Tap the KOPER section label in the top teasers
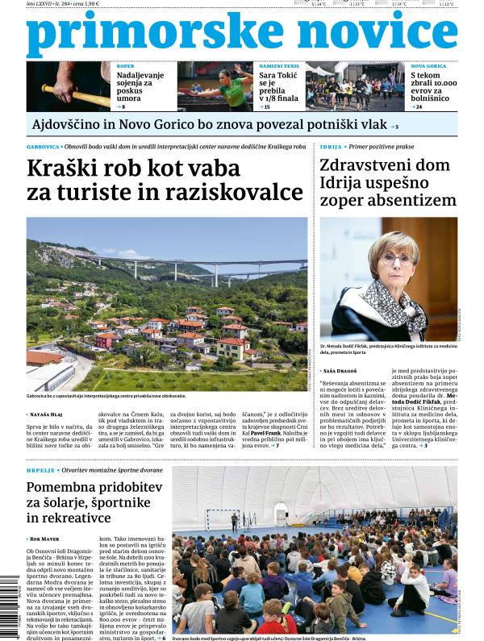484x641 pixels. [x=126, y=65]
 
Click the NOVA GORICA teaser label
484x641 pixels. [x=428, y=65]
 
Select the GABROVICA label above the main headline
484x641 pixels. [x=43, y=148]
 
